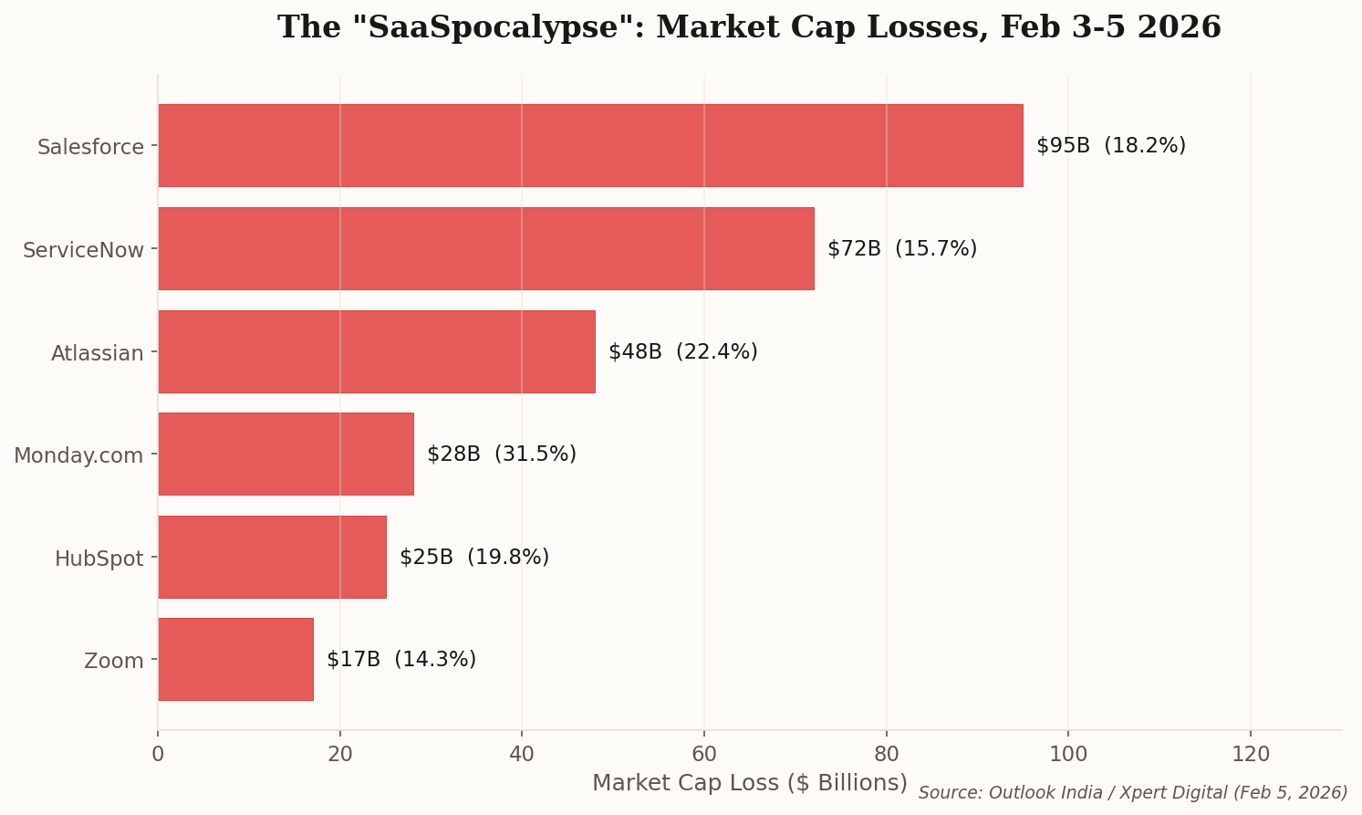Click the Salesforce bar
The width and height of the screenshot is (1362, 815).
pyautogui.click(x=590, y=145)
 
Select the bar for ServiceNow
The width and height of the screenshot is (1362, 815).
pyautogui.click(x=485, y=248)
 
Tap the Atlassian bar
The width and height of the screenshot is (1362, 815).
pyautogui.click(x=376, y=351)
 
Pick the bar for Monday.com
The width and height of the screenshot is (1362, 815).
pyautogui.click(x=286, y=454)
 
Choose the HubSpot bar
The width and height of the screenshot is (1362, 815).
pyautogui.click(x=272, y=557)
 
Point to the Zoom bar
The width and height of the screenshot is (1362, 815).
pyautogui.click(x=235, y=659)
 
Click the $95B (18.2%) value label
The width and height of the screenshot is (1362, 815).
pyautogui.click(x=1110, y=146)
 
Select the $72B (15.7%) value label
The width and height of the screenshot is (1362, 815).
pyautogui.click(x=901, y=249)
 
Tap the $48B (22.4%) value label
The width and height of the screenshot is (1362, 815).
pyautogui.click(x=682, y=352)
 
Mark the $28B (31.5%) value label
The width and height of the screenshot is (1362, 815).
pyautogui.click(x=501, y=455)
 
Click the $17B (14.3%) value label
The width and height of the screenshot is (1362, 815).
pyautogui.click(x=400, y=660)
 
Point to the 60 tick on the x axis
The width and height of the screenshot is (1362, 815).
pyautogui.click(x=704, y=754)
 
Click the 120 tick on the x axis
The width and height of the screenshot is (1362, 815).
pyautogui.click(x=1250, y=754)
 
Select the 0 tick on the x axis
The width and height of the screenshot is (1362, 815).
pyautogui.click(x=158, y=754)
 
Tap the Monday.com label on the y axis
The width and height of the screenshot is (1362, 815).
pyautogui.click(x=78, y=455)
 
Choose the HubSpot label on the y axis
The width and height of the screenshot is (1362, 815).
pyautogui.click(x=99, y=559)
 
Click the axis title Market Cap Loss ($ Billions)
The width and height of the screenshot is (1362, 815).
pyautogui.click(x=749, y=783)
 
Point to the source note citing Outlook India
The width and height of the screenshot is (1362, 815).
pyautogui.click(x=1132, y=793)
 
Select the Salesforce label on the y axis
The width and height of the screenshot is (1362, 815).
pyautogui.click(x=90, y=147)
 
